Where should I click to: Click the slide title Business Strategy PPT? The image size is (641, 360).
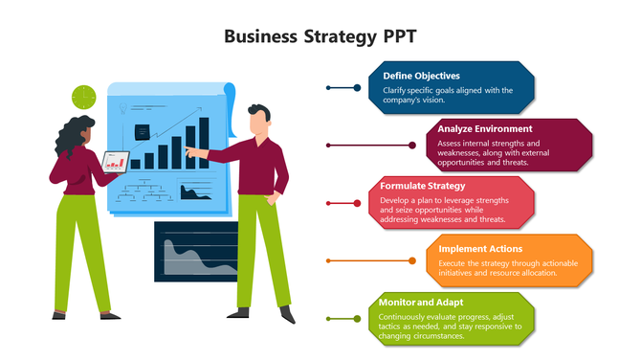click(320, 36)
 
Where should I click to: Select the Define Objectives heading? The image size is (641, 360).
click(421, 76)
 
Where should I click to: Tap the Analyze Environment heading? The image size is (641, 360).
click(485, 128)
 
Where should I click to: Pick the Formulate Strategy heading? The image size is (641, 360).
click(422, 185)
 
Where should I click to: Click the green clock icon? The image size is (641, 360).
click(84, 97)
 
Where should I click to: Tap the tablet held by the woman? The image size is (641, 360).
click(116, 162)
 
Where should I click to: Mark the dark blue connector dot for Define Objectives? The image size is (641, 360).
click(328, 88)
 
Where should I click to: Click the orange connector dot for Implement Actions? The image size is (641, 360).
click(328, 260)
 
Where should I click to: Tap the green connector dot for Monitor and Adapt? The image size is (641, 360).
click(328, 318)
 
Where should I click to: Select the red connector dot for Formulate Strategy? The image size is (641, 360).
click(328, 203)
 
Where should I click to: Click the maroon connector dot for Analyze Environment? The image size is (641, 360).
click(328, 146)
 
